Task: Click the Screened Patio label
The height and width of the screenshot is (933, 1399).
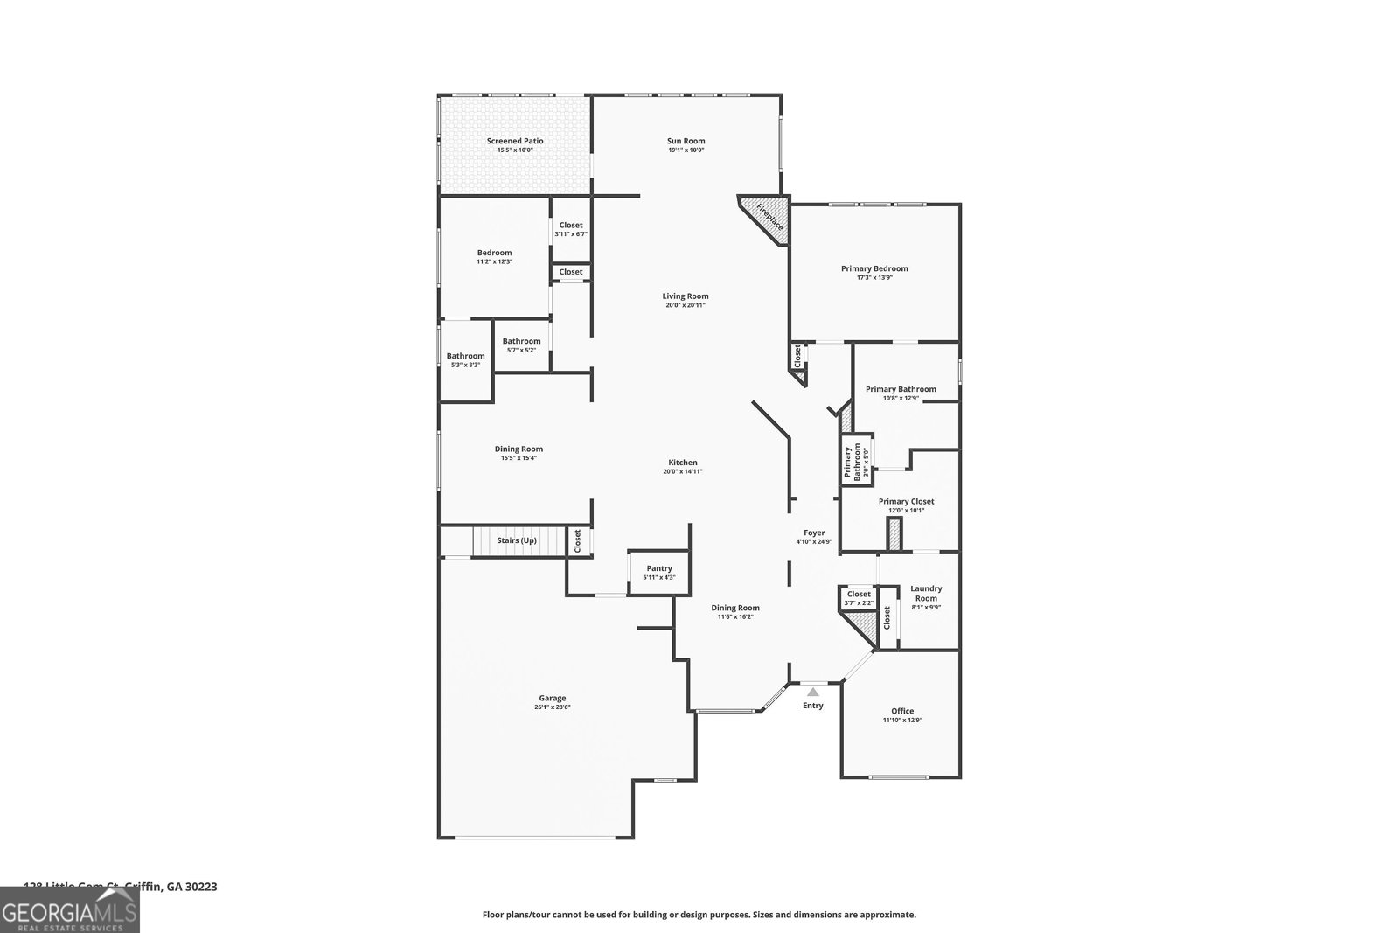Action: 515,141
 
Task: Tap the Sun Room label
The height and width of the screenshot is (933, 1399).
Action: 686,141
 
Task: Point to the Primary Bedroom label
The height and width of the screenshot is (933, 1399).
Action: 874,268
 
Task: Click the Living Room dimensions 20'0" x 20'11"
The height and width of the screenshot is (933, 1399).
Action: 685,305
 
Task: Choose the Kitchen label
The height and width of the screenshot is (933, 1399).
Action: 683,463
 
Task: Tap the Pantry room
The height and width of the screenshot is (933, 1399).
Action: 659,573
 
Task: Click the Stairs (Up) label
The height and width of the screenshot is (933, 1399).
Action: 517,540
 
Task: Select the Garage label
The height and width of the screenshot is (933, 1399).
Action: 552,698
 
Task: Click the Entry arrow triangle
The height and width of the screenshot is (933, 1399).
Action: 813,692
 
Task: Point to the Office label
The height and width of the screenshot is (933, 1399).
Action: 902,711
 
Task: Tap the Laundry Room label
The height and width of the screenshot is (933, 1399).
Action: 926,594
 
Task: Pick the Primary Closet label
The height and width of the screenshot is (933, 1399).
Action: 906,501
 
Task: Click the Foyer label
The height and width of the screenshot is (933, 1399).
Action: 814,533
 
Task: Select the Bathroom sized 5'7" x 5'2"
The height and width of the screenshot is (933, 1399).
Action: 521,345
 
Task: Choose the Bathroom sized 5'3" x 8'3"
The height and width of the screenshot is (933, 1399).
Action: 465,359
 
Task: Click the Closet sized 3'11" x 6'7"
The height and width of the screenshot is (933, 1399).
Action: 571,229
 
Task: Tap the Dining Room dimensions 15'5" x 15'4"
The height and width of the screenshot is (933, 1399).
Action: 519,458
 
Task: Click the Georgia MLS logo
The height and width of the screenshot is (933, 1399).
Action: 69,909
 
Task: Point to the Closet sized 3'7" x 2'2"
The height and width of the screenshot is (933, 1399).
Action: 859,598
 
